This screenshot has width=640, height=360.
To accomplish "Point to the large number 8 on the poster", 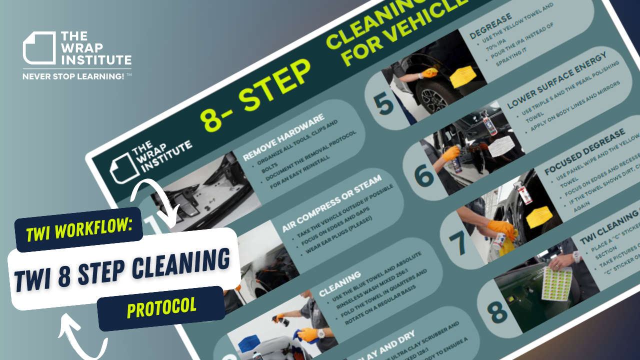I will coord(497,311).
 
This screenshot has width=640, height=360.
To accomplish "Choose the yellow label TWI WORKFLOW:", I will coord(79,229).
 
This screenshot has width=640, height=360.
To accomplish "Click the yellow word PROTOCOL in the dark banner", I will coord(161,308).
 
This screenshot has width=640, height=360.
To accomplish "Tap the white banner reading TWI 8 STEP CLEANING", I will coord(122,268).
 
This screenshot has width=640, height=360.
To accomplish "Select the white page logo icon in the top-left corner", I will coord(39,48).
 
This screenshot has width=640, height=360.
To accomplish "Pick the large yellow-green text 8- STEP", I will coord(255,96).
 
